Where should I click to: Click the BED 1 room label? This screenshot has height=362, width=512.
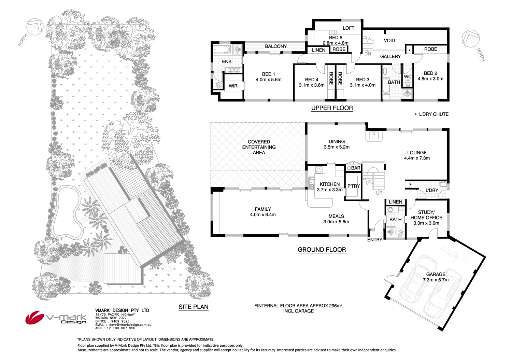click(x=269, y=77)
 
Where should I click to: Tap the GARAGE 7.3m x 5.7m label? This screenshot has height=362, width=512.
click(x=436, y=277)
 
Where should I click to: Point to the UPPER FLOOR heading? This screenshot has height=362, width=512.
click(x=332, y=108)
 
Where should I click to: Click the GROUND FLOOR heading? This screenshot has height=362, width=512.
click(x=322, y=250)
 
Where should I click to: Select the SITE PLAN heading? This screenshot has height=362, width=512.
click(x=193, y=307)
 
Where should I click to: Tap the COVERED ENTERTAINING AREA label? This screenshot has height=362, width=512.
click(x=259, y=147)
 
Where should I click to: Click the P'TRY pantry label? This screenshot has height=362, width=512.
click(x=354, y=186)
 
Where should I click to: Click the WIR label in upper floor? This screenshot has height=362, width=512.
click(x=233, y=86)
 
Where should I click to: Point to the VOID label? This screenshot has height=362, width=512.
click(x=389, y=41)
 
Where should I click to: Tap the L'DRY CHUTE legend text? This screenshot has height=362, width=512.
click(x=433, y=114)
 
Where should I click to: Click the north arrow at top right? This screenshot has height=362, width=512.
click(x=471, y=38)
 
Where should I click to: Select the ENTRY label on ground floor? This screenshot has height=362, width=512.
click(x=374, y=240)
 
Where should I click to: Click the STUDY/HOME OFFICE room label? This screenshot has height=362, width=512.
click(x=426, y=218)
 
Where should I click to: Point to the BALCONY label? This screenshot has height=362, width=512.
click(x=276, y=46)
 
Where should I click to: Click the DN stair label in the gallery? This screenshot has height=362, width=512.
click(x=368, y=54)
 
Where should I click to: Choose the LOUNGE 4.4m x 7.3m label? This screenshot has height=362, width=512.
click(x=417, y=155)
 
